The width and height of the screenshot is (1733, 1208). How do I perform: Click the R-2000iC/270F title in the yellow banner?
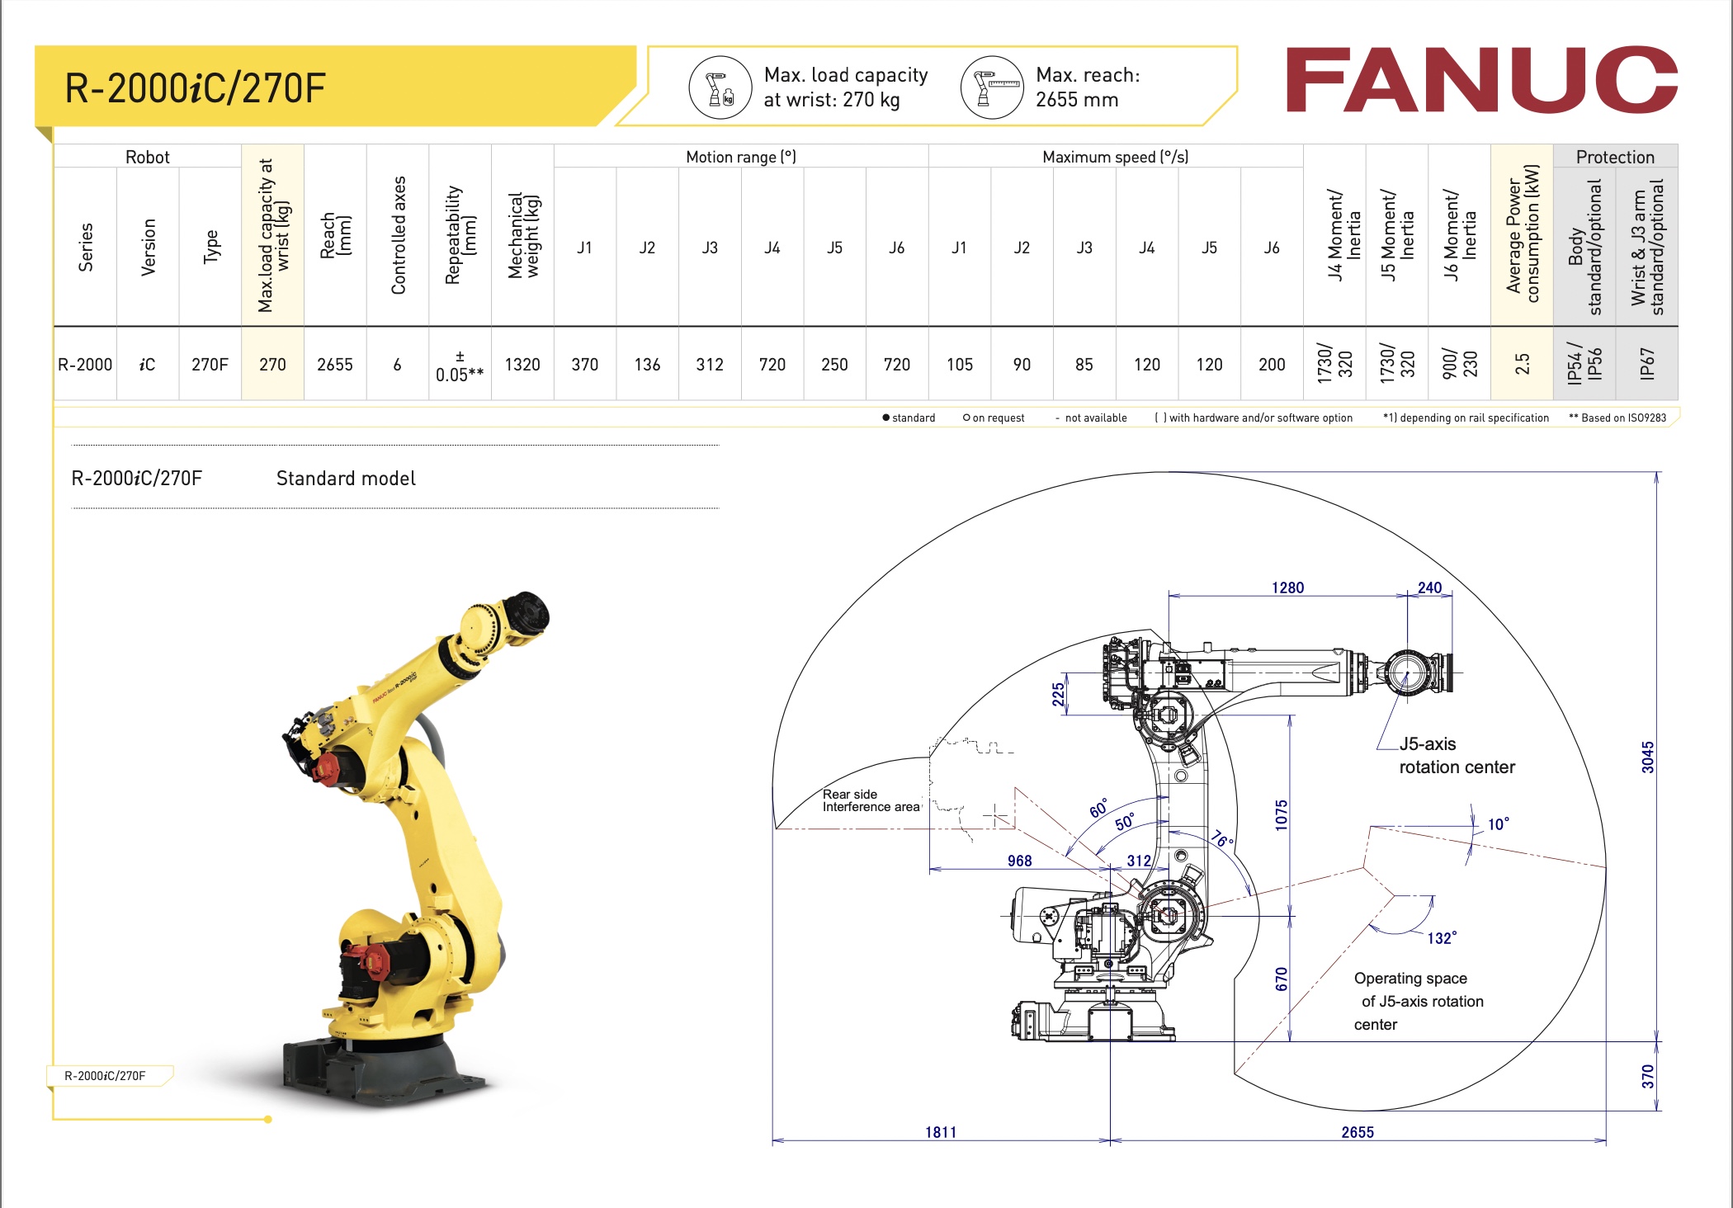196,88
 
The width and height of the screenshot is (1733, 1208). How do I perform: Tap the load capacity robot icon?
720,87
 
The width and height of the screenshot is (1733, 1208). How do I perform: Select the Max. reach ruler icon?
992,87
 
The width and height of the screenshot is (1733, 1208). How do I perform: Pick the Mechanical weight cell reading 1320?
522,365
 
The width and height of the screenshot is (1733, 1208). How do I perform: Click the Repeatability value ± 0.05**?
460,366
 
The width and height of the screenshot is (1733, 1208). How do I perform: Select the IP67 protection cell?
1646,364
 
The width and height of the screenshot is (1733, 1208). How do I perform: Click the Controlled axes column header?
398,236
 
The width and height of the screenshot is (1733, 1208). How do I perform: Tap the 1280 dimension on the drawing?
1287,587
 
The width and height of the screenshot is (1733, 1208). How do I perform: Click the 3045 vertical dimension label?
1647,757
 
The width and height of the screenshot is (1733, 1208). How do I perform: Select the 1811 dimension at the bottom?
941,1132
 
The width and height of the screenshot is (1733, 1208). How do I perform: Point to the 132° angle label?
1441,938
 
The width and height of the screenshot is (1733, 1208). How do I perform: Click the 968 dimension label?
1019,861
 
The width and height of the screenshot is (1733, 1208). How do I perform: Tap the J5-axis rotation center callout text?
1456,756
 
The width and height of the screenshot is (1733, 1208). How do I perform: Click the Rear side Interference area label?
871,800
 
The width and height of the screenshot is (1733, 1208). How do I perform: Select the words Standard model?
346,479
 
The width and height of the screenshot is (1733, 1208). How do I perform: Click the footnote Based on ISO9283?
1617,418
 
